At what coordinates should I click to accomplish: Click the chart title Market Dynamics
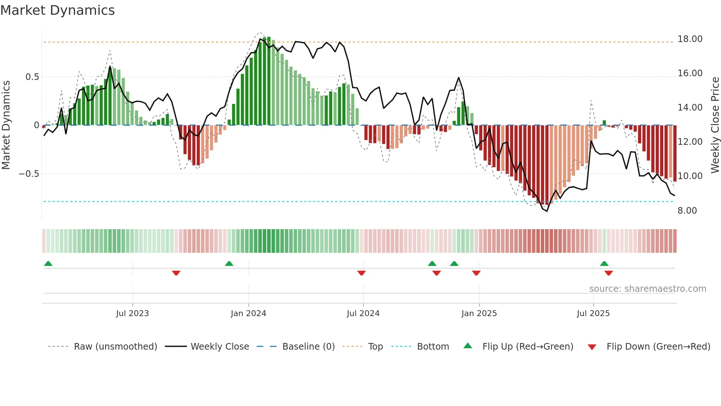pos(57,10)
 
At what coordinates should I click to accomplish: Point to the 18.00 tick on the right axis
pos(690,39)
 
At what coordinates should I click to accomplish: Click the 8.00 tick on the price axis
pos(687,210)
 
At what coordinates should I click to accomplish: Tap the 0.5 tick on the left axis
pos(32,77)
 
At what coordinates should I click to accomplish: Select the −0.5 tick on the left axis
pos(29,174)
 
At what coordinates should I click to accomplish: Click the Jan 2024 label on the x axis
pos(248,314)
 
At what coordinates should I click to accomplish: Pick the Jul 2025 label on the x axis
pos(593,314)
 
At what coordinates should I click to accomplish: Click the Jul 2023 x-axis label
pos(132,314)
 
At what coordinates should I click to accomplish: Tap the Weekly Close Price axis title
pos(715,125)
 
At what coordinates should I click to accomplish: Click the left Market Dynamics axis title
pos(6,125)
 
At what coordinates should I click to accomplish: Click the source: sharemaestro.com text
pos(647,289)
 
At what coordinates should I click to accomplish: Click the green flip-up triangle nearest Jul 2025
pos(604,264)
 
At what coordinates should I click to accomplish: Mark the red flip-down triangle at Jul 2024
pos(361,273)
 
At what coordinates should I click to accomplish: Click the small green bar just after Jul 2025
pos(604,123)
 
